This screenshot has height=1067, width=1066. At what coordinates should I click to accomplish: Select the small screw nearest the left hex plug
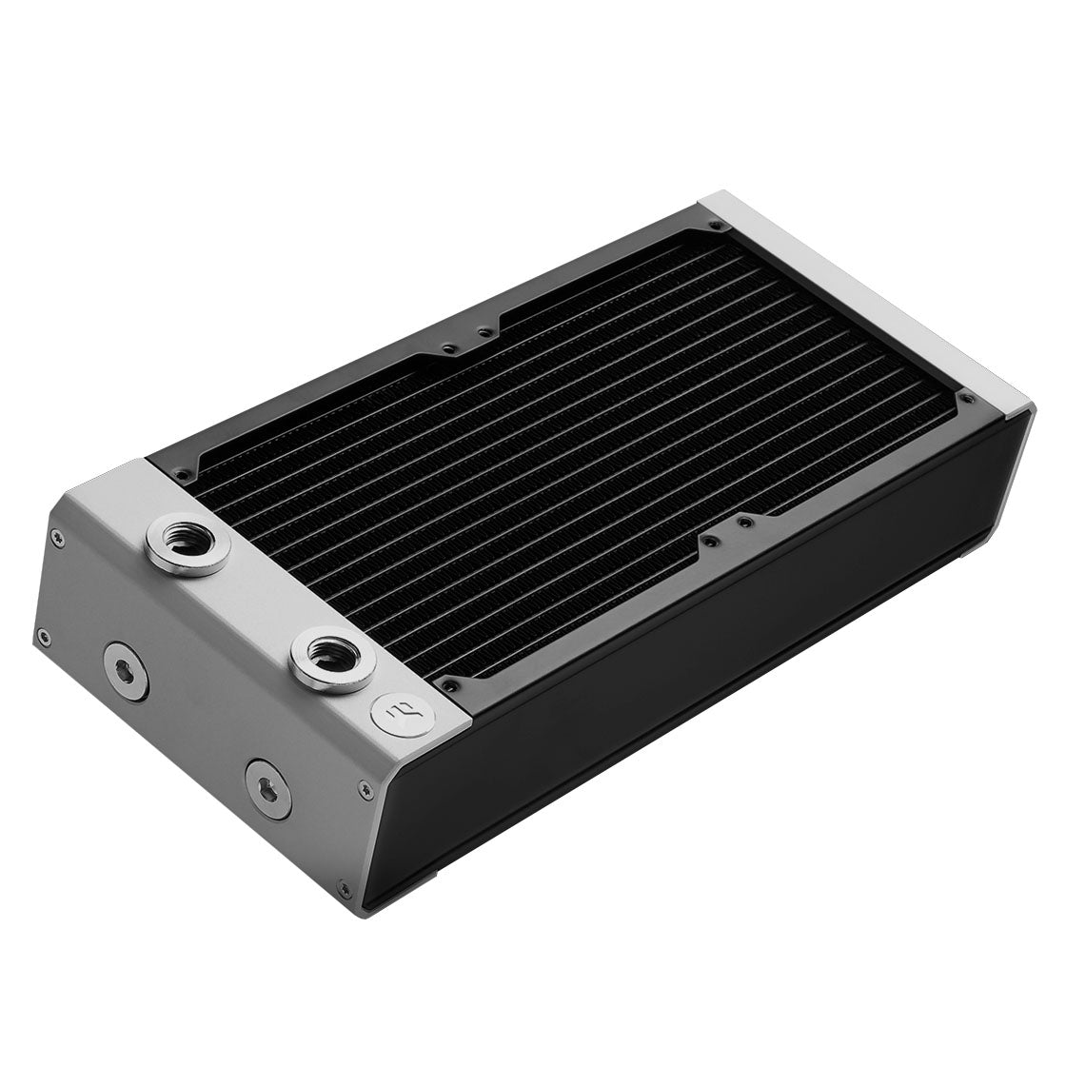pyautogui.click(x=42, y=637)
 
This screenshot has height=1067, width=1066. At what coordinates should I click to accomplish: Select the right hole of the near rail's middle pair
pyautogui.click(x=746, y=521)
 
